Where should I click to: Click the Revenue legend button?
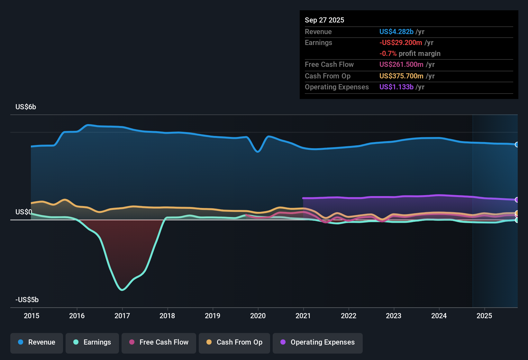pos(37,342)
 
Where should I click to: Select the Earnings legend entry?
pos(92,342)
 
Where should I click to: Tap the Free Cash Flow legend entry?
pos(159,342)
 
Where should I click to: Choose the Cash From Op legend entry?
pos(234,342)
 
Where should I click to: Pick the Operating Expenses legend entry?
pos(318,342)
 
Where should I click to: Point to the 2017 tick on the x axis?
pos(122,316)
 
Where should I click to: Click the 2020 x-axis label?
pos(258,316)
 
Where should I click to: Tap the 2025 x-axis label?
pos(484,316)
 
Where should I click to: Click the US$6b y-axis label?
pos(26,107)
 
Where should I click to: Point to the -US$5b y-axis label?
pos(27,300)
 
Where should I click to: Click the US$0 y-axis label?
pos(24,212)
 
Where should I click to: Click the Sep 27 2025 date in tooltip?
pos(324,20)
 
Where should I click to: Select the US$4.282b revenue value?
pos(396,32)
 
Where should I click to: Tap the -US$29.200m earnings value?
pos(401,43)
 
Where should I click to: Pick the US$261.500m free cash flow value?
pos(401,65)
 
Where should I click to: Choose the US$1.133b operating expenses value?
pos(396,87)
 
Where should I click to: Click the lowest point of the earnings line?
pos(122,290)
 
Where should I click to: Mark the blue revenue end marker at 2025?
pos(517,145)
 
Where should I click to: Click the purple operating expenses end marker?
pos(517,200)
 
